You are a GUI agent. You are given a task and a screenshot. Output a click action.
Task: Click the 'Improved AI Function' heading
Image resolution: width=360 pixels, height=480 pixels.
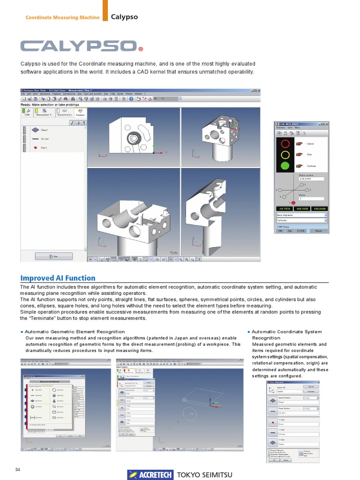pyautogui.click(x=58, y=278)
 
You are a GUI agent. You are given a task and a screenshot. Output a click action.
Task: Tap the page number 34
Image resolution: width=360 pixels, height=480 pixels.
pyautogui.click(x=18, y=470)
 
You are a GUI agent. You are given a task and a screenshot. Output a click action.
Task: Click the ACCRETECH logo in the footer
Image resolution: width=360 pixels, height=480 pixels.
pyautogui.click(x=150, y=474)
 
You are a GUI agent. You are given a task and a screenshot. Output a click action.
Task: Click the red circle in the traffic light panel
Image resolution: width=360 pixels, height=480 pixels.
pyautogui.click(x=284, y=143)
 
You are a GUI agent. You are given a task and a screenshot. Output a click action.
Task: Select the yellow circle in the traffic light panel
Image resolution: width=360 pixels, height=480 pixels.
pyautogui.click(x=284, y=154)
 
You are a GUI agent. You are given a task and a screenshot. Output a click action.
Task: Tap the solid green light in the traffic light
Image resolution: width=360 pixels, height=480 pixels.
pyautogui.click(x=284, y=165)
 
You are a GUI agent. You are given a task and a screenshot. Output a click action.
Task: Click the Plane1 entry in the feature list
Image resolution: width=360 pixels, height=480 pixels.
pyautogui.click(x=44, y=130)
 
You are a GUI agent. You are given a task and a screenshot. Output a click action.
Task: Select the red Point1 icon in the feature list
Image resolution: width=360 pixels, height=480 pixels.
pyautogui.click(x=36, y=148)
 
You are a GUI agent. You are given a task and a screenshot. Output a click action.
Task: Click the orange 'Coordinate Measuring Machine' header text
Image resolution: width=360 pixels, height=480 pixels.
pyautogui.click(x=62, y=18)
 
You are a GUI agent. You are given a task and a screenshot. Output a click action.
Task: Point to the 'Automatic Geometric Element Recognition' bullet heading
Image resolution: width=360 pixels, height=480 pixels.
pyautogui.click(x=75, y=331)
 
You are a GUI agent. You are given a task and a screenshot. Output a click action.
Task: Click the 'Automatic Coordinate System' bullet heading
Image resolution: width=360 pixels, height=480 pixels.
pyautogui.click(x=286, y=331)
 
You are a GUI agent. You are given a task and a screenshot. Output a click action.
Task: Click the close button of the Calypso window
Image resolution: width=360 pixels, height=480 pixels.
pyautogui.click(x=258, y=90)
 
